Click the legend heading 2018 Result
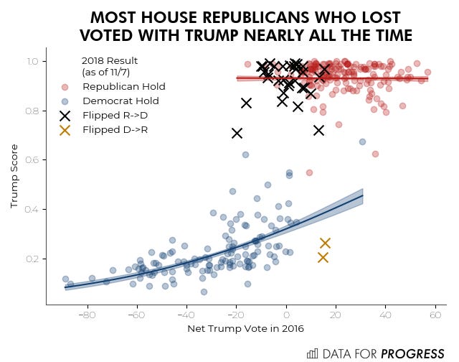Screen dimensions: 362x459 (x=109, y=60)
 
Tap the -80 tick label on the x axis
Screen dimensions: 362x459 (x=87, y=315)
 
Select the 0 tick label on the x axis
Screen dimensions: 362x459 (x=286, y=315)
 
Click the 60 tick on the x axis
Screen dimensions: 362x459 (x=435, y=315)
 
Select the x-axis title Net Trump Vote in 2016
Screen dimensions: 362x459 (x=246, y=329)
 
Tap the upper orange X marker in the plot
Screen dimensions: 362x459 (x=325, y=243)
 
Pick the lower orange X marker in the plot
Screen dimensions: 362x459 (x=323, y=258)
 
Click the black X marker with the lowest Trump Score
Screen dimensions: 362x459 (x=237, y=133)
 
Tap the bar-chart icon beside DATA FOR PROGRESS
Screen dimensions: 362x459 (x=312, y=353)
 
